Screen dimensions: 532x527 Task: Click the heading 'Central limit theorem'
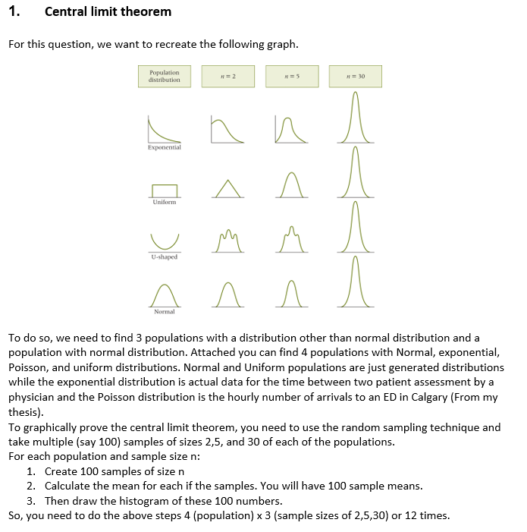108,11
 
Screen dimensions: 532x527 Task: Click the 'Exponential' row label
165,148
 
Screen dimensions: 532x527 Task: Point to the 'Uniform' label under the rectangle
165,203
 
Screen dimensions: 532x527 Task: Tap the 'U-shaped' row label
165,257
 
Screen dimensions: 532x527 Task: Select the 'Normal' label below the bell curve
165,312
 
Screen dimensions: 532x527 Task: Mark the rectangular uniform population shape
165,190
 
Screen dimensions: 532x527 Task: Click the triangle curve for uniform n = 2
228,187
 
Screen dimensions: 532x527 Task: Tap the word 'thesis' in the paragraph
24,412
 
